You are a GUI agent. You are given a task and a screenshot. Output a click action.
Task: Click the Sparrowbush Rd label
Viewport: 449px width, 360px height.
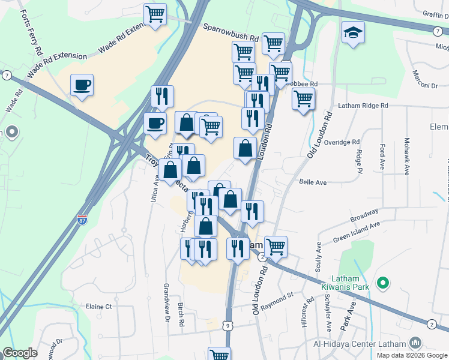[x=230, y=31]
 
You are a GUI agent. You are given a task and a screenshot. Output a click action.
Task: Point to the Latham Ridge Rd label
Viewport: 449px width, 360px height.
[x=363, y=106]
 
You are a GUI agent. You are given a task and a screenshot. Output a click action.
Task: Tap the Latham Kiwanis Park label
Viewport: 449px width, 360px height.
[x=352, y=283]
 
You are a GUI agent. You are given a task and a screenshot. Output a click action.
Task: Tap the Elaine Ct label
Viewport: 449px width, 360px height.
[x=99, y=307]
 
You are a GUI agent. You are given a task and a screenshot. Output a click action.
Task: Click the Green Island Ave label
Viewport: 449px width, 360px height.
[x=358, y=230]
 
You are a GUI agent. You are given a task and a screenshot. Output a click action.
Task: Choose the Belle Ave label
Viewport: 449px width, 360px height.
[x=313, y=182]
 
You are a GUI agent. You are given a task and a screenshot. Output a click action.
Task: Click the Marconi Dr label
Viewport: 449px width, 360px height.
[x=424, y=79]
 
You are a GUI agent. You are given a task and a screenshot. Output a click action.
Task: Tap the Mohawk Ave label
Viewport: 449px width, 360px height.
[x=406, y=156]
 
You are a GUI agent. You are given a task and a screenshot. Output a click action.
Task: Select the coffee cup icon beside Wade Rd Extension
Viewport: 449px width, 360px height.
[x=82, y=85]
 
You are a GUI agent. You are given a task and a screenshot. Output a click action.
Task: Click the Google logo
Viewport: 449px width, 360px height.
[x=20, y=353]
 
